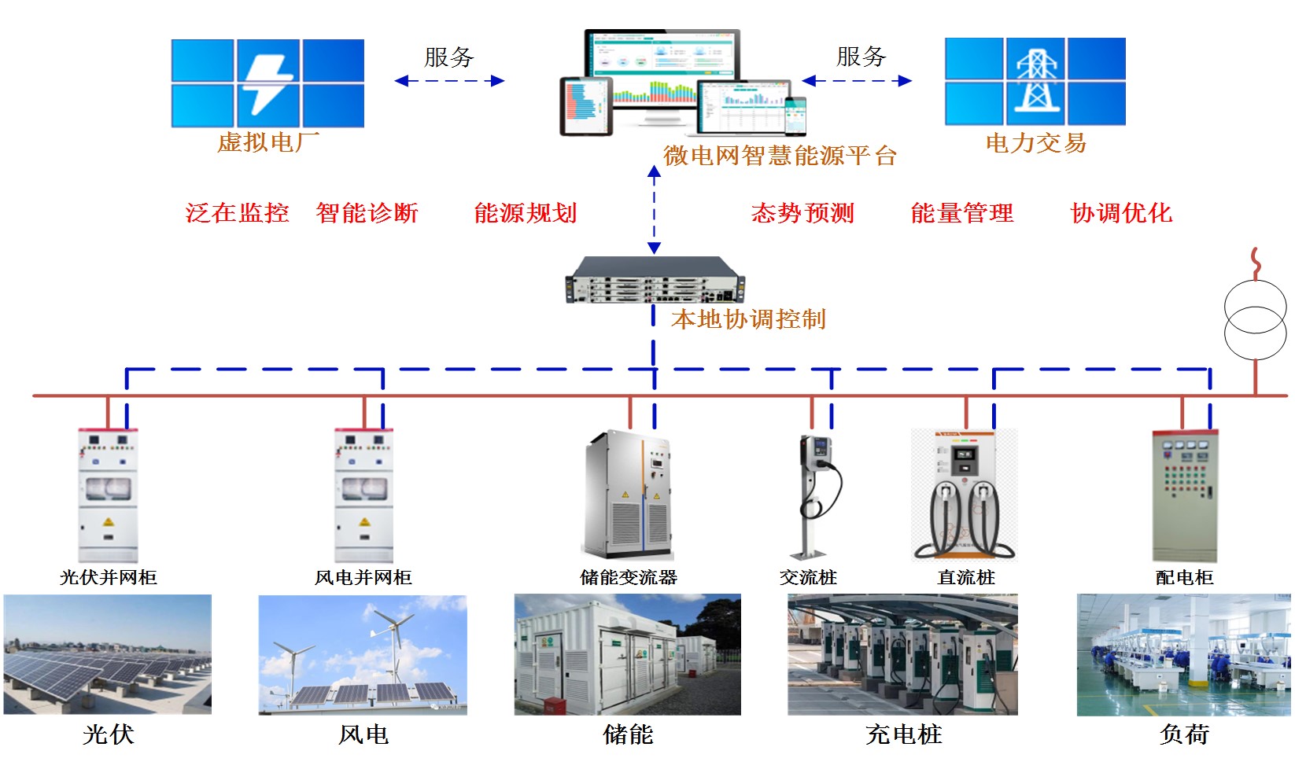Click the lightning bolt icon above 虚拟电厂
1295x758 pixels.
pos(267,84)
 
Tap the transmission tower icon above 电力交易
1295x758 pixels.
pos(1037,80)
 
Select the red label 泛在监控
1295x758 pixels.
pos(237,213)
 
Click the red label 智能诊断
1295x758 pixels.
pos(367,213)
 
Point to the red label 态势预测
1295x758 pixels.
pos(802,213)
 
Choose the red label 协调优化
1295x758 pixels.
pos(1122,213)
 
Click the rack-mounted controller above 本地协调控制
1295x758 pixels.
pos(655,280)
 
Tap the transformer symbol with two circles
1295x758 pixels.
pos(1255,319)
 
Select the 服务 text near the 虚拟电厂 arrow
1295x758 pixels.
pos(449,57)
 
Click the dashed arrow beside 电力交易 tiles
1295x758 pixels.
pos(857,81)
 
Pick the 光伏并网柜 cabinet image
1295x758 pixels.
pos(108,495)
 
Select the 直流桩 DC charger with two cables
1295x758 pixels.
pos(965,495)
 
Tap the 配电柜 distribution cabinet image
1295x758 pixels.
pos(1185,495)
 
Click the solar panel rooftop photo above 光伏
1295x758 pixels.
pos(108,654)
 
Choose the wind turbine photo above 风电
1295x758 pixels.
pos(363,655)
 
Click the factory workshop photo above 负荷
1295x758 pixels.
pos(1183,655)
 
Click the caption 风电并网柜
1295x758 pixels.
pos(363,577)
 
